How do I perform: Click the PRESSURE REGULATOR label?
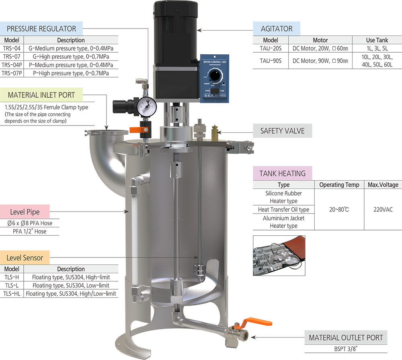coord(41,29)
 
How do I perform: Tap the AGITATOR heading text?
coord(276,29)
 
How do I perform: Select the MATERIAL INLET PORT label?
coord(41,95)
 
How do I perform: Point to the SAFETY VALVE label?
coord(282,131)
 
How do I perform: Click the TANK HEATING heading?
coord(282,174)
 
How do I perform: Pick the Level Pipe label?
coord(25,212)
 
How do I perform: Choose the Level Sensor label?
coord(25,258)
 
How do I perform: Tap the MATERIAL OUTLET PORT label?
coord(346,338)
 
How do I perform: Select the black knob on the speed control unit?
coord(216,75)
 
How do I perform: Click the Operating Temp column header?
coord(339,185)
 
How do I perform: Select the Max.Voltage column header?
coord(383,185)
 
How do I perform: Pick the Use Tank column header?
coord(377,40)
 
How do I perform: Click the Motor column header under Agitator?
coord(320,40)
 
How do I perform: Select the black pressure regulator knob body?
coord(120,106)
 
